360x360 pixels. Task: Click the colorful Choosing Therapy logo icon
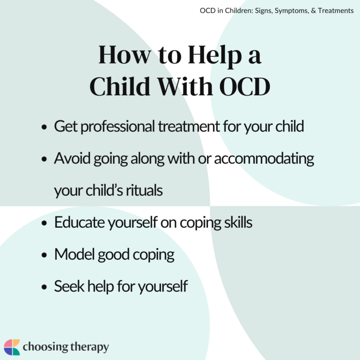coord(12,347)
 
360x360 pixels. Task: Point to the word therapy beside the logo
coord(86,347)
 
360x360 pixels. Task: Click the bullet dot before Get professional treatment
coord(44,128)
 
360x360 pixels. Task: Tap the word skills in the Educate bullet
coord(236,222)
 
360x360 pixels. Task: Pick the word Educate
coord(78,222)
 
